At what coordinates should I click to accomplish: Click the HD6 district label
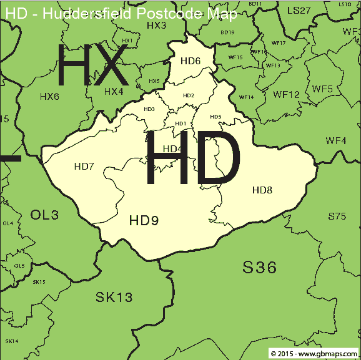click(x=190, y=61)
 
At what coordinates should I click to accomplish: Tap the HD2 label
click(x=189, y=95)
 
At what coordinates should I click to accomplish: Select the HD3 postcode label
click(x=149, y=109)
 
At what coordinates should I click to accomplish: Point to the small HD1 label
click(x=181, y=124)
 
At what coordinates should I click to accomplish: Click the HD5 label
click(x=215, y=117)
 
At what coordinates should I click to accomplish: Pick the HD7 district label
click(x=84, y=166)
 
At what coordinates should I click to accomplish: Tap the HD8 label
click(x=262, y=189)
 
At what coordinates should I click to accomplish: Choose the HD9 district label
click(x=144, y=220)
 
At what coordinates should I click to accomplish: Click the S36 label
click(x=259, y=268)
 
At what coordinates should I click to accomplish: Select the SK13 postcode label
click(x=114, y=297)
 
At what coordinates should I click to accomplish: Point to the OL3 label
click(x=44, y=215)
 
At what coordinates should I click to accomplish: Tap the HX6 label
click(x=49, y=97)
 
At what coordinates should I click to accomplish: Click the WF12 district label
click(x=287, y=95)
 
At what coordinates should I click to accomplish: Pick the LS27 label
click(x=299, y=10)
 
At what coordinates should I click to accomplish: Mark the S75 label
click(x=337, y=216)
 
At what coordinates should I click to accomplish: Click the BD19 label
click(x=227, y=32)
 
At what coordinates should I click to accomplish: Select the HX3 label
click(x=156, y=26)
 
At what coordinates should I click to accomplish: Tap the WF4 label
click(x=335, y=140)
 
